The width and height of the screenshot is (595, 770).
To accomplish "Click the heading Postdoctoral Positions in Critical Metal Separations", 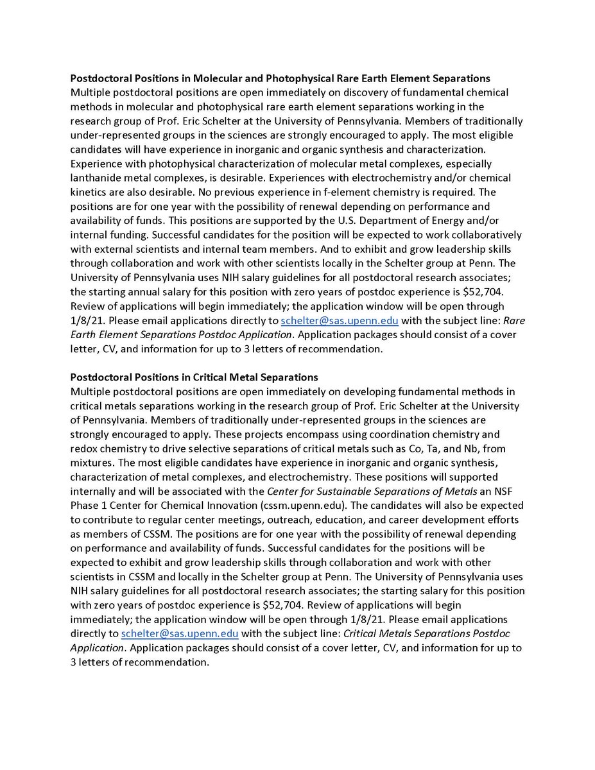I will [194, 377].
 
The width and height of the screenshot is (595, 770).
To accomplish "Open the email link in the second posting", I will [180, 633].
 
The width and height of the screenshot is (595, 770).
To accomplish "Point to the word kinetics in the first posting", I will [91, 192].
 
